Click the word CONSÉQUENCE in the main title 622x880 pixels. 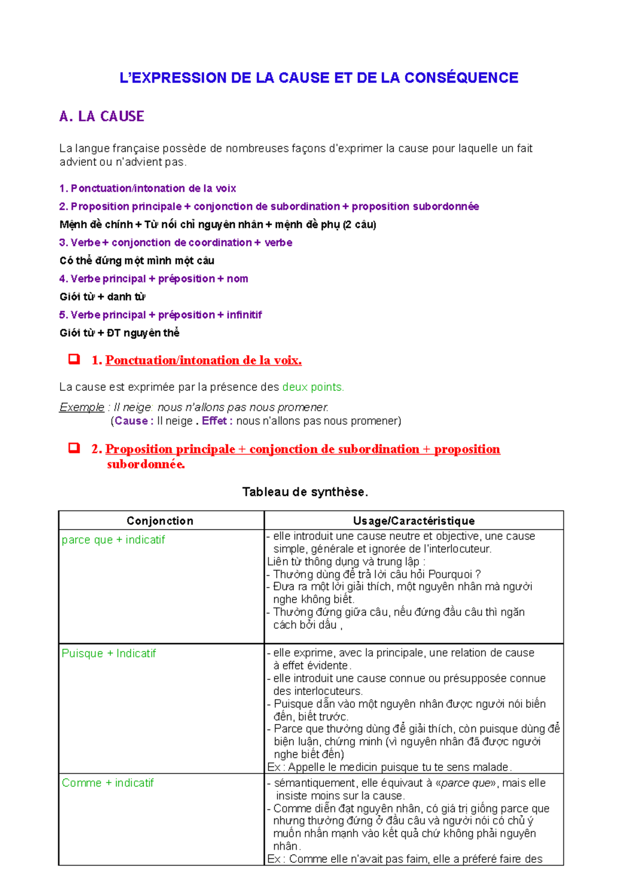tap(461, 78)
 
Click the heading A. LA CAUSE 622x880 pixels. tap(102, 116)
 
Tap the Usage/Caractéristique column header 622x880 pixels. tap(414, 521)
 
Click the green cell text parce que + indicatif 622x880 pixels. tap(113, 540)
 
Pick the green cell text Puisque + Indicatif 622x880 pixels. tap(108, 653)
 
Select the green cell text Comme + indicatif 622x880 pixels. tap(107, 783)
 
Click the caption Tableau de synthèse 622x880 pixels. tap(305, 492)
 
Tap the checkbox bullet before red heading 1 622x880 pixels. tap(74, 359)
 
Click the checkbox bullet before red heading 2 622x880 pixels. tap(74, 448)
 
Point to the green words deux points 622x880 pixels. tap(313, 387)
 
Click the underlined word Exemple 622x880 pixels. tap(81, 407)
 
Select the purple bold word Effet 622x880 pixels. tap(214, 421)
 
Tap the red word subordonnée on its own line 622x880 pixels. tap(146, 464)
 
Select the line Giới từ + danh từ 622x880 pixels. tap(102, 297)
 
